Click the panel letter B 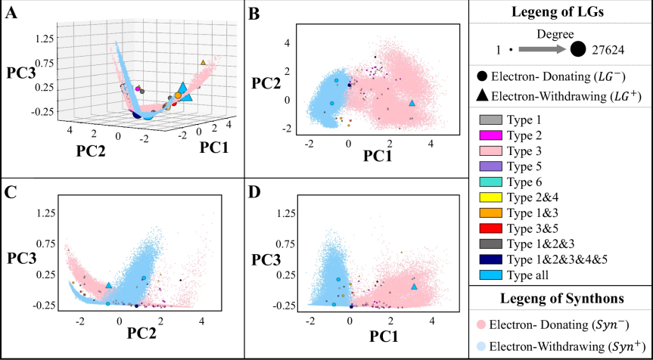(255, 11)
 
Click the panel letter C (11, 190)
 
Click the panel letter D (255, 190)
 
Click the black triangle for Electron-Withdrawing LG (481, 95)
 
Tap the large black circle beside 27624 (577, 49)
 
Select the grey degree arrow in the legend (541, 49)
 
